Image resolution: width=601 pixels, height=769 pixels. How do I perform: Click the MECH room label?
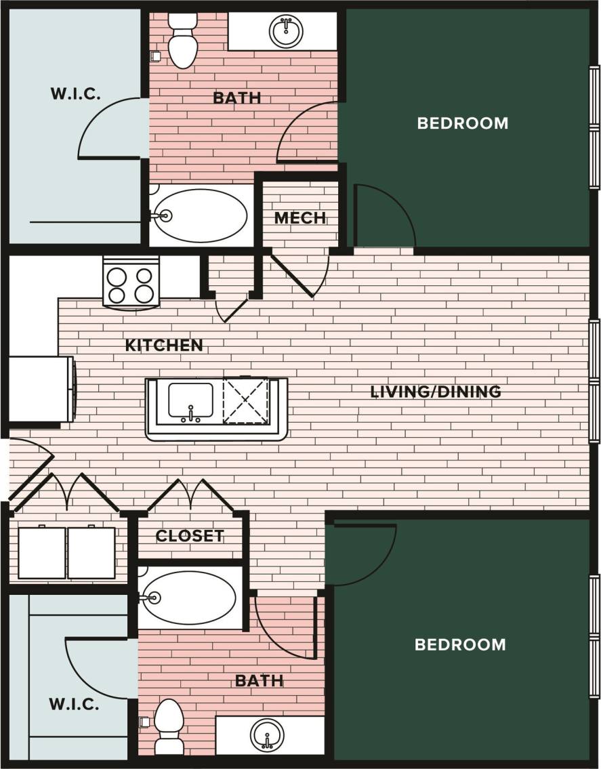click(300, 218)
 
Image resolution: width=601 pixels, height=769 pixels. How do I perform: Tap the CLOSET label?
click(190, 536)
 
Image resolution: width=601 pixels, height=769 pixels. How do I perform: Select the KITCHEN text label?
click(164, 345)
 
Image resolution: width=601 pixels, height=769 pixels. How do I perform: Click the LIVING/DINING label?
click(436, 392)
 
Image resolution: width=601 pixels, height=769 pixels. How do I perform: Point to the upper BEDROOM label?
click(463, 123)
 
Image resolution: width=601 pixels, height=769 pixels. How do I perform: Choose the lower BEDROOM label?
click(460, 644)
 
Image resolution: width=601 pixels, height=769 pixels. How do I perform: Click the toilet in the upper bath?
click(182, 42)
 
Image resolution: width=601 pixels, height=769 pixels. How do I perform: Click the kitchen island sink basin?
click(190, 402)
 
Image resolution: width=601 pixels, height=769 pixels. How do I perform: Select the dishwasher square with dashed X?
click(246, 402)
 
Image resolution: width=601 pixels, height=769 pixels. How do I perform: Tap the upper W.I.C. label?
click(76, 93)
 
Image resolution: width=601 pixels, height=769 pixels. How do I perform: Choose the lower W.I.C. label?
click(74, 704)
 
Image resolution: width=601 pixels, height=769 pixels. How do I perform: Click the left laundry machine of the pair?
click(42, 553)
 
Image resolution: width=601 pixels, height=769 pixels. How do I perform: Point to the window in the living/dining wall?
click(594, 383)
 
